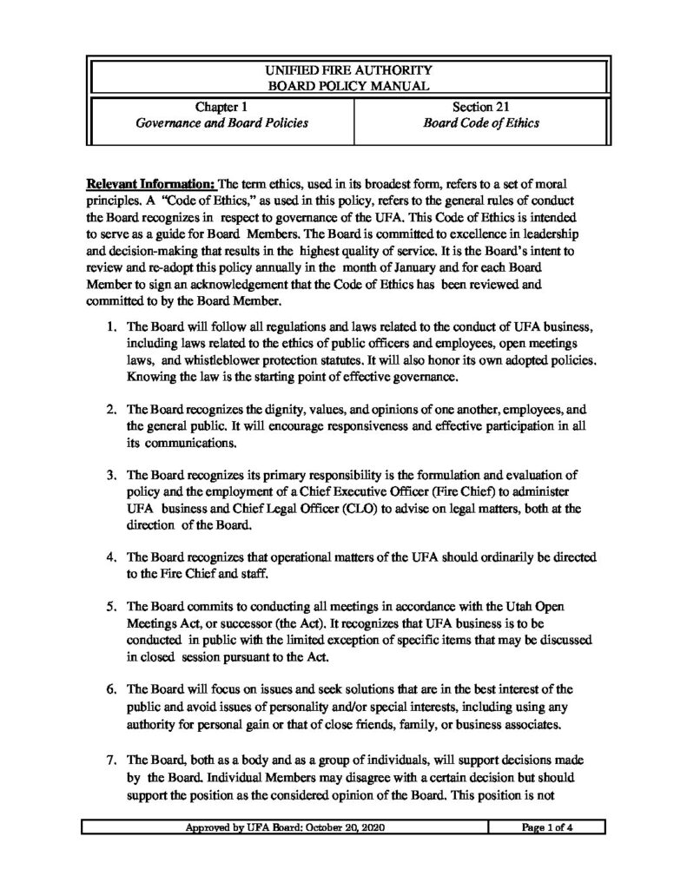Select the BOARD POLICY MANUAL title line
[x=347, y=85]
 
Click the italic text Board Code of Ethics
[x=480, y=123]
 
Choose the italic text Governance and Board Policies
[x=221, y=123]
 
